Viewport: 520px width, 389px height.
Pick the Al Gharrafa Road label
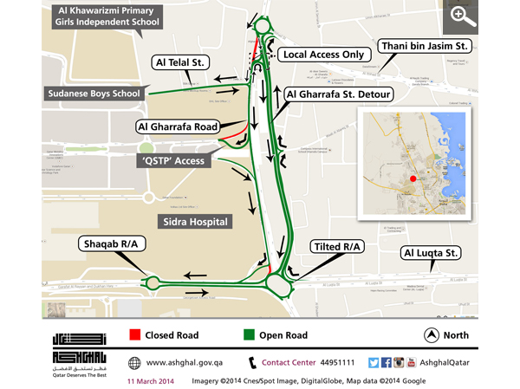(x=176, y=126)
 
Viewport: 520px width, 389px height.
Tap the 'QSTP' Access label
(x=178, y=161)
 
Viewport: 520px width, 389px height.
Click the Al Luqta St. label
(x=430, y=254)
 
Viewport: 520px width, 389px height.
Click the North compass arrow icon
(x=430, y=334)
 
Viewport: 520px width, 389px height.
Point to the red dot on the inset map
(x=413, y=178)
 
